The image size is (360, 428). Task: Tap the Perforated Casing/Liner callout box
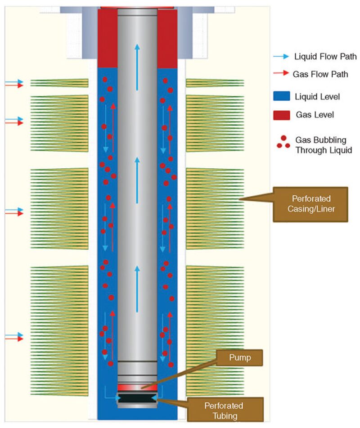point(310,204)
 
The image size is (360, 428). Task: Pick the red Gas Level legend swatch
point(281,115)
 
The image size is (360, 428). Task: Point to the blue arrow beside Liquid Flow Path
point(281,57)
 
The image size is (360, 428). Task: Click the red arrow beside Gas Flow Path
point(281,74)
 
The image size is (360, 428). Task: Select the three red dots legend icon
point(283,142)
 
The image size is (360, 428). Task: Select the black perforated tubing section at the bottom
point(137,398)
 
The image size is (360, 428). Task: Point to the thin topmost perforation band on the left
point(59,83)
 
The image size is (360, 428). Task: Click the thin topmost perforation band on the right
point(215,83)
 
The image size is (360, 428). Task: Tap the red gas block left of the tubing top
point(107,38)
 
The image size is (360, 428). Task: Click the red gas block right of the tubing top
point(167,38)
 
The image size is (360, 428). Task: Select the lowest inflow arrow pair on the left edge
point(14,337)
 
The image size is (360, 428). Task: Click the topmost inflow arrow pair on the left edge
point(14,84)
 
